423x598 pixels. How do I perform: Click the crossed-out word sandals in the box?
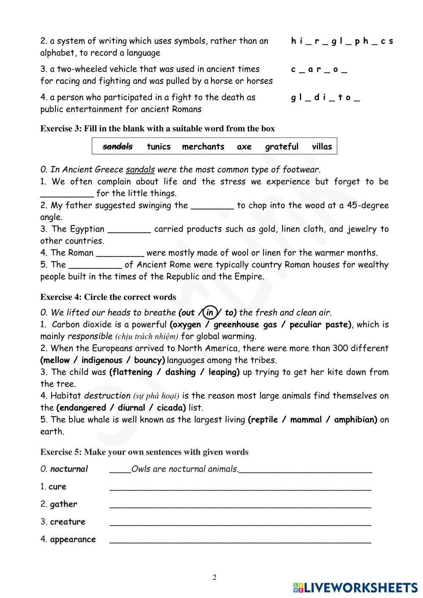coord(118,146)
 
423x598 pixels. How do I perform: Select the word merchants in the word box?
coord(203,146)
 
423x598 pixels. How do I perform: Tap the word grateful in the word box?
coord(282,146)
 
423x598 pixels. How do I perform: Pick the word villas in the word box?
coord(322,146)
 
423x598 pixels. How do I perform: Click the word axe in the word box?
coord(244,146)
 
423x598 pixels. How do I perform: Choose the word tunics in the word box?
coord(159,146)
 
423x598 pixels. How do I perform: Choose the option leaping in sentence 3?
coord(223,372)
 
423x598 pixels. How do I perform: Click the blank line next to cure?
coord(240,487)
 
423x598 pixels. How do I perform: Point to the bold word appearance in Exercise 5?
coord(73,539)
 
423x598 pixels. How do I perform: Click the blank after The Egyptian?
coord(129,230)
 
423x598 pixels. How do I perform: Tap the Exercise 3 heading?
coord(157,129)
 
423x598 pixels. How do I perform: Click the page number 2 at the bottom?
coord(214,578)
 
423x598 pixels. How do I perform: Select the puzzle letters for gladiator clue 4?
coord(325,98)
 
